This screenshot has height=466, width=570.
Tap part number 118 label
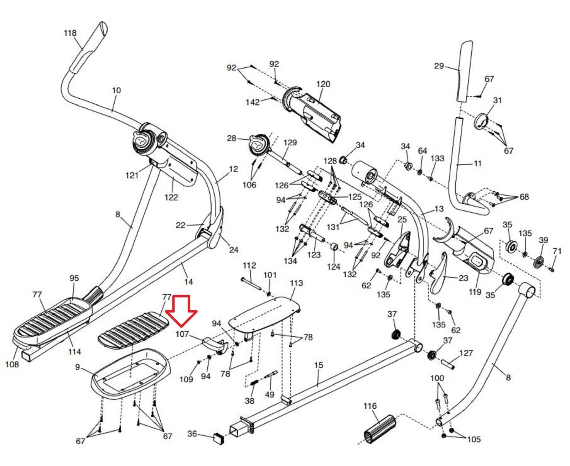click(x=70, y=33)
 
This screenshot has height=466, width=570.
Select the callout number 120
click(x=323, y=84)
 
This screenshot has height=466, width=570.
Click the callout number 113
click(x=296, y=283)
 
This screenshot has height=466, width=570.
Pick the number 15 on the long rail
click(x=318, y=365)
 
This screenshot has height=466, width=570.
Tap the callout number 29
click(x=439, y=66)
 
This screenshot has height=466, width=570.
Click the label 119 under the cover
click(x=475, y=292)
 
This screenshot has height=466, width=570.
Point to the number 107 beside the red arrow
click(x=182, y=334)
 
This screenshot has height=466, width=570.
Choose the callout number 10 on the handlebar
click(x=116, y=90)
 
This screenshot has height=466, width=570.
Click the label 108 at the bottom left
click(x=12, y=364)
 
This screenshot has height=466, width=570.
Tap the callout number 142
click(x=253, y=102)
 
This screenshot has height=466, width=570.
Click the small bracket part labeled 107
click(x=216, y=345)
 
